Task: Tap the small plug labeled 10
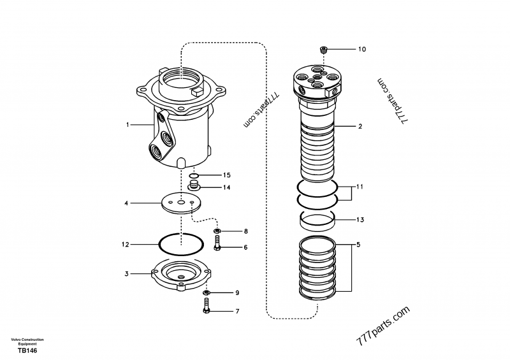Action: coord(323,49)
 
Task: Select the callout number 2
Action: coord(360,127)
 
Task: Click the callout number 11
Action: coord(360,187)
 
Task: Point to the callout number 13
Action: coord(360,220)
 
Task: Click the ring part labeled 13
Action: coord(317,222)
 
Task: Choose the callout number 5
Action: coord(358,245)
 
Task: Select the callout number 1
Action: coord(127,125)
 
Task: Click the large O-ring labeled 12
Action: coord(181,244)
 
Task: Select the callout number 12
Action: coord(126,244)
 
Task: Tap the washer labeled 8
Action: coord(217,231)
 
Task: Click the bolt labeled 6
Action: coord(217,243)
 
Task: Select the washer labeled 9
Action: coord(206,293)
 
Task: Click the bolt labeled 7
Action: coord(206,309)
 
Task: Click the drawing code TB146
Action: coord(25,351)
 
